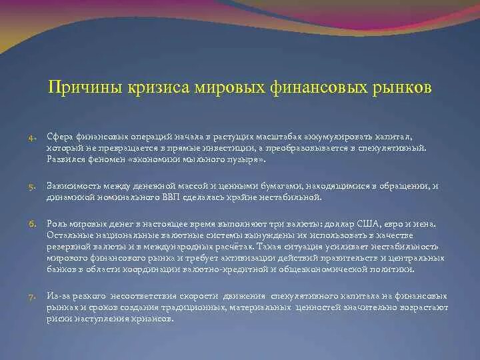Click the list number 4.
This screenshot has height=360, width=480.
click(32, 137)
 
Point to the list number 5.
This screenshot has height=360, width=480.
click(32, 188)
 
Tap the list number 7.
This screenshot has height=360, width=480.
click(32, 296)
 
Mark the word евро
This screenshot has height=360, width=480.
click(402, 225)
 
